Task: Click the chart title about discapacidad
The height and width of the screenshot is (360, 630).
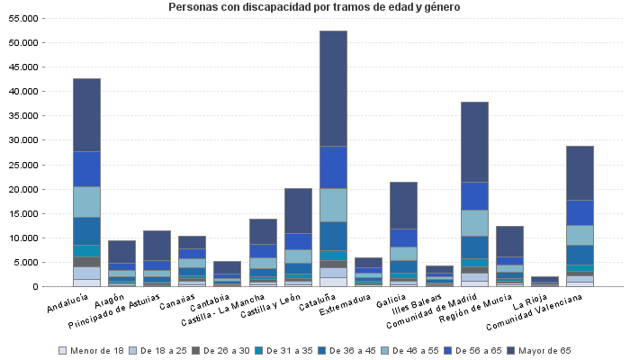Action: point(313,8)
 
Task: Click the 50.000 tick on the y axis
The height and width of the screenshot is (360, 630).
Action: point(24,42)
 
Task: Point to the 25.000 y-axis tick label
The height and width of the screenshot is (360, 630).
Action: point(24,165)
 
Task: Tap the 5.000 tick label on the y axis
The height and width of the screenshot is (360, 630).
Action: point(27,262)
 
